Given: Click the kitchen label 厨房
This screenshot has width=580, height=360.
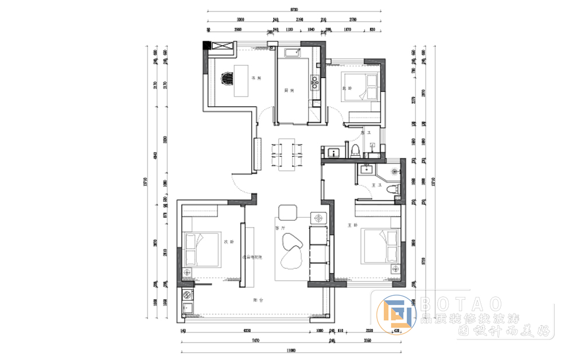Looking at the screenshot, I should (289, 90).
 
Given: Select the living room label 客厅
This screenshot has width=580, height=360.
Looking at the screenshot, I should (280, 228).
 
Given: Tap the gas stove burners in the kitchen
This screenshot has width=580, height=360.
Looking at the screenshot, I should (314, 83).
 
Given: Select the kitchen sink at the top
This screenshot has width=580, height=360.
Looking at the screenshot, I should (291, 53).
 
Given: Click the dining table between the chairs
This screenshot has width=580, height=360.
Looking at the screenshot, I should (284, 154).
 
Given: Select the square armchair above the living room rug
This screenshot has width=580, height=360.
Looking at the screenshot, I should (286, 213).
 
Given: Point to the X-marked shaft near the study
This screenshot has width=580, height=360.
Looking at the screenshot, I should (223, 46).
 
